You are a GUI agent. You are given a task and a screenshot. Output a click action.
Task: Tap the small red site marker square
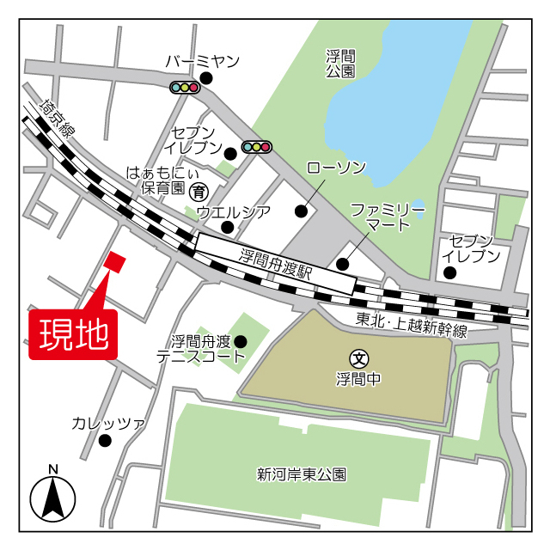click(115, 261)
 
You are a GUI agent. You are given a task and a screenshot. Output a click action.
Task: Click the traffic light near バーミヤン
click(185, 87)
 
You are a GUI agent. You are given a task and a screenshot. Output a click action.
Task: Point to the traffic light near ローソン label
click(257, 147)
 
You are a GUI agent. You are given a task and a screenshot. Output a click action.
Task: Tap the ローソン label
click(336, 167)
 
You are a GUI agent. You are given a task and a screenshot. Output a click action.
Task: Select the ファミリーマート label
click(388, 217)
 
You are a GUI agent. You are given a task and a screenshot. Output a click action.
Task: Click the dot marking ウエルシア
click(227, 227)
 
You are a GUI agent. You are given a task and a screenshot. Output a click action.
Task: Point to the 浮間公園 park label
click(340, 64)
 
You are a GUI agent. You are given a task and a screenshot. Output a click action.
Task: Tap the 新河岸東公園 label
click(302, 474)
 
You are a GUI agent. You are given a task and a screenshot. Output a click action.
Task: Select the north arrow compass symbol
click(53, 496)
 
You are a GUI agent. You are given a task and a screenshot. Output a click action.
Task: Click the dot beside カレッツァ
click(105, 441)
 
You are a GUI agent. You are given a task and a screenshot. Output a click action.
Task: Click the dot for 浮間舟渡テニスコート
click(241, 342)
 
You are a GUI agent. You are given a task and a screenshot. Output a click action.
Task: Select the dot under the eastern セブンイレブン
click(449, 273)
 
